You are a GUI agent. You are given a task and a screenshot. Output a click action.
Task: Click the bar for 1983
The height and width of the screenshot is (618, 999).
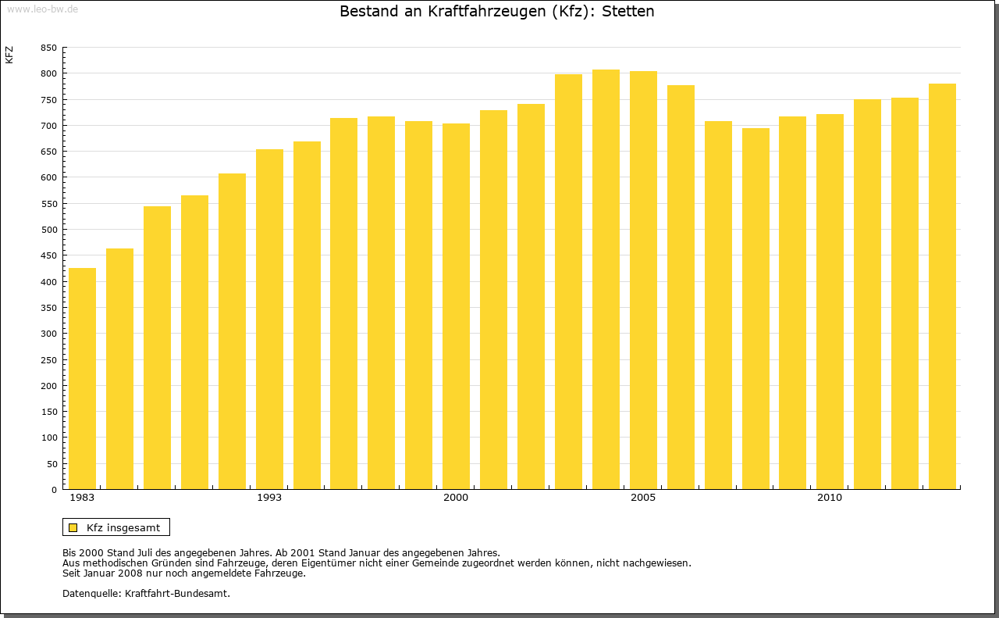(82, 379)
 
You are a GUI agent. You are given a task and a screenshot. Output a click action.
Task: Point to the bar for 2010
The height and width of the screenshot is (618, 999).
(830, 302)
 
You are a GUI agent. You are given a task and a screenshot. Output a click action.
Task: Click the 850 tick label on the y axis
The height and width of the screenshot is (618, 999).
(48, 48)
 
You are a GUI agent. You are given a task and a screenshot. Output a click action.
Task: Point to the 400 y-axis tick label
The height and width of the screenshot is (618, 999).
(48, 282)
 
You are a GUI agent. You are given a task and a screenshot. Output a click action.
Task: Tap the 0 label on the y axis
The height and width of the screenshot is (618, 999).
(54, 490)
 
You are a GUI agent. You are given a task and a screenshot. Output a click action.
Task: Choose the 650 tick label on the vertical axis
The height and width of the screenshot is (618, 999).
(48, 152)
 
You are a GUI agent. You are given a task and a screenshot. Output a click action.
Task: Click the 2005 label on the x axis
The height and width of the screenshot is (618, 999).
(643, 498)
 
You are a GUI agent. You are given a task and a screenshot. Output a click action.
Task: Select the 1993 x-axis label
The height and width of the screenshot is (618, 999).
(269, 498)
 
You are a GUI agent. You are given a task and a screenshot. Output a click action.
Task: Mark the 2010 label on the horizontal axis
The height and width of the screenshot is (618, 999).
(830, 498)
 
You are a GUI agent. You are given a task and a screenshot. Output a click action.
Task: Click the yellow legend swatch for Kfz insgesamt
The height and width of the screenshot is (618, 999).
(73, 527)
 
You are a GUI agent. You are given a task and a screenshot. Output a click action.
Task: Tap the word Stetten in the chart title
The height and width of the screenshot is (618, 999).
(627, 12)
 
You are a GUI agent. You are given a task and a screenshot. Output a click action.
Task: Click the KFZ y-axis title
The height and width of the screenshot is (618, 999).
(9, 55)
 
